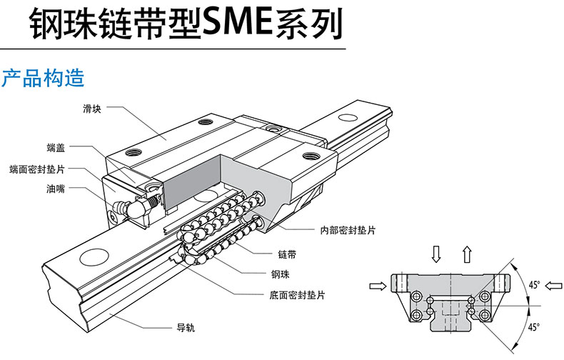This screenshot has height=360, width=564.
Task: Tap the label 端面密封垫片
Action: pyautogui.click(x=37, y=170)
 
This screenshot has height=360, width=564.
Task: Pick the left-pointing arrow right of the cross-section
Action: pyautogui.click(x=552, y=286)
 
